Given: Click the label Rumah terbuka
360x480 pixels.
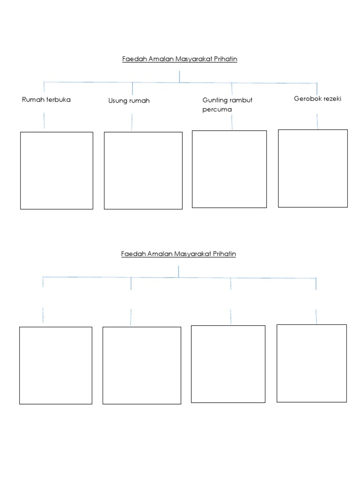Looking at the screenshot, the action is click(x=46, y=99).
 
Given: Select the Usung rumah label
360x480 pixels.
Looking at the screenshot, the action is click(x=129, y=101).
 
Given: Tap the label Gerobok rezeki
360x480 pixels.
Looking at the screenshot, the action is click(x=317, y=98).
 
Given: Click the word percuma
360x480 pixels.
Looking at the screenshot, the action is click(x=217, y=110).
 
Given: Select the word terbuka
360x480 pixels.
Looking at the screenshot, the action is click(x=59, y=99).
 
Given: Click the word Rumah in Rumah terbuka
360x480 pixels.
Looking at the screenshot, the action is click(x=33, y=99).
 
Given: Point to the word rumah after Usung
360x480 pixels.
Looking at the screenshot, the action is click(x=139, y=101).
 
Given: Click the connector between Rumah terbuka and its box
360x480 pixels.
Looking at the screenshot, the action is click(x=44, y=120).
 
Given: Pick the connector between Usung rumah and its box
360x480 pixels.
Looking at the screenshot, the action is click(x=132, y=122).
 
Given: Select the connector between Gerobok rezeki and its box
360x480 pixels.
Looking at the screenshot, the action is click(x=317, y=121).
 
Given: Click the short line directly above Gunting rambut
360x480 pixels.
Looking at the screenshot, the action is click(x=232, y=89).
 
